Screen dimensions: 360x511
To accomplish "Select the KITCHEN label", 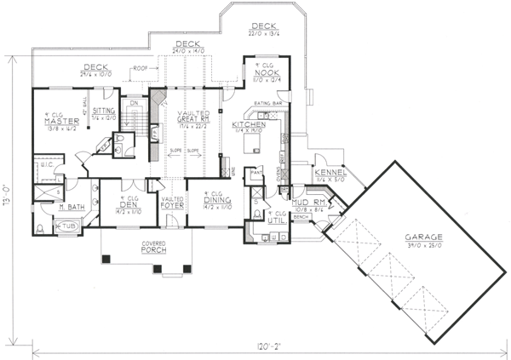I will pyautogui.click(x=249, y=125).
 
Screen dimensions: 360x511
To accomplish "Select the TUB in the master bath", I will pyautogui.click(x=66, y=227).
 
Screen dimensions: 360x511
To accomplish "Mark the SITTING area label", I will pyautogui.click(x=104, y=111).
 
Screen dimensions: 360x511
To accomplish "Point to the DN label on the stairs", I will pyautogui.click(x=134, y=104).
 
